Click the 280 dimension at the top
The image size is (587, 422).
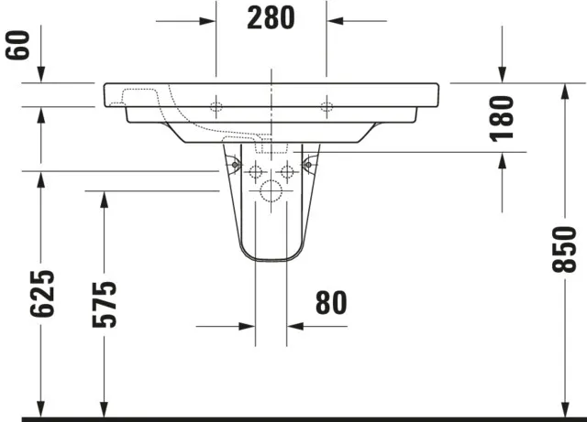(271, 17)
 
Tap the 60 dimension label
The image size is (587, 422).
(16, 45)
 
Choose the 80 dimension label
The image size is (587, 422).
(331, 303)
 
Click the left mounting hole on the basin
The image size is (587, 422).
(216, 106)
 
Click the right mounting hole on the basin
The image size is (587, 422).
(327, 106)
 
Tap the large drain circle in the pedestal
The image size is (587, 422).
(271, 191)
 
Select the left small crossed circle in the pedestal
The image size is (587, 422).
(256, 170)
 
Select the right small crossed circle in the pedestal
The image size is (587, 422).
(287, 170)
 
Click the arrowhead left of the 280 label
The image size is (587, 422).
(207, 18)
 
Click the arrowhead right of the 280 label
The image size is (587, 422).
(336, 18)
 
